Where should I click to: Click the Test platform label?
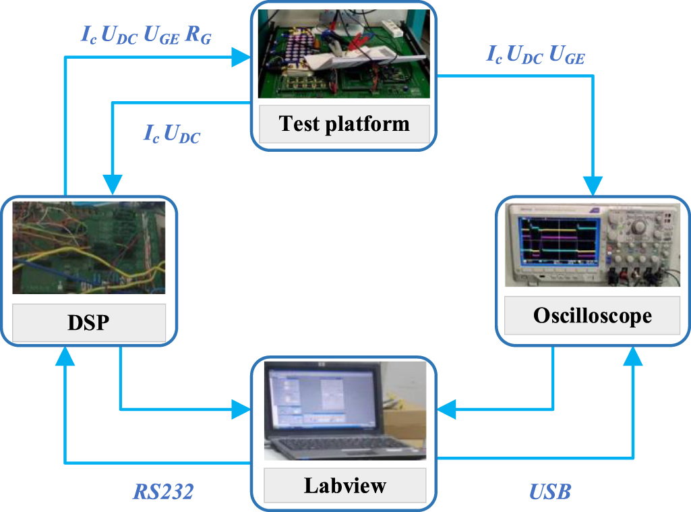(344, 123)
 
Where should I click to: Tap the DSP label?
(88, 322)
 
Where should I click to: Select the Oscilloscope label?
(592, 316)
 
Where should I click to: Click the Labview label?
(344, 485)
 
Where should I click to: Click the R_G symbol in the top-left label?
(198, 38)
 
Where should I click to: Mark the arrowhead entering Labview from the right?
(446, 408)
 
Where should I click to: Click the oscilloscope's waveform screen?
(557, 238)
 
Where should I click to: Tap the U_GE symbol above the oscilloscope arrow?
(567, 56)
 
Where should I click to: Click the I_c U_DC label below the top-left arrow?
(172, 134)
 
